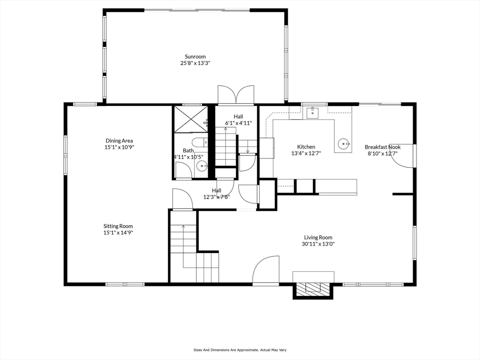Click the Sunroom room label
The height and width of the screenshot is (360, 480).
pos(195,56)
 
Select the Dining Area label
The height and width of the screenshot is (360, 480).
pos(119,140)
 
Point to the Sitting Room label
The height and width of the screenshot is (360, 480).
pos(119,226)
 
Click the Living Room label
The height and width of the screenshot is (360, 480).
pos(318,237)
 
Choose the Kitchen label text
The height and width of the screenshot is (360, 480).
pos(306,147)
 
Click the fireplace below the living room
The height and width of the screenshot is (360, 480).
pos(313,287)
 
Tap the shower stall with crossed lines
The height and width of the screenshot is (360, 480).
pos(190,119)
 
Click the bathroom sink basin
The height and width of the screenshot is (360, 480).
pos(202,165)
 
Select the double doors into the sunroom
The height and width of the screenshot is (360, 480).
pos(236,94)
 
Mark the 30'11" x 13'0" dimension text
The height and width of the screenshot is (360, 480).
pos(318,244)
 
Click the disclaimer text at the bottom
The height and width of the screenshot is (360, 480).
pos(240,350)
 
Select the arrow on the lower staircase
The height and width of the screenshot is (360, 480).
pos(183,227)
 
